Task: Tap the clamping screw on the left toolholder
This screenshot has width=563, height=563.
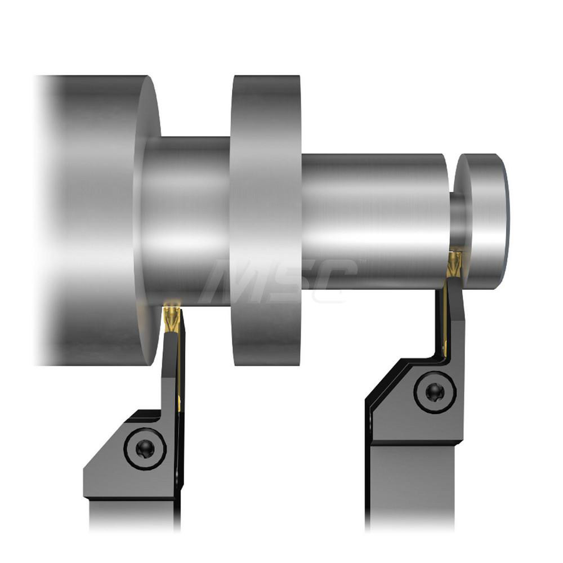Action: point(145,449)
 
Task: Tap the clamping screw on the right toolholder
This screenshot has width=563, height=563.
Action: point(435,392)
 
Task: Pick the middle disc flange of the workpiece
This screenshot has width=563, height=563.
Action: point(265,221)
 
